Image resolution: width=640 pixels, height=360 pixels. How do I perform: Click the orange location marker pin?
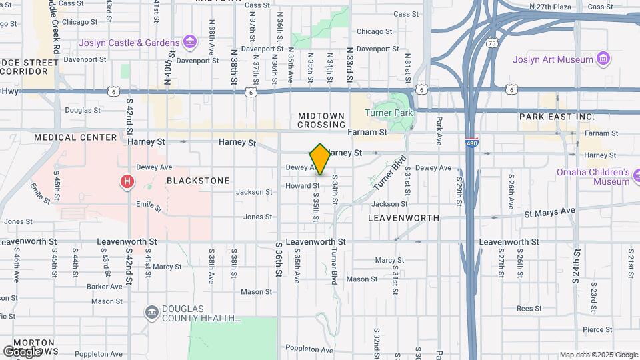pyautogui.click(x=320, y=159)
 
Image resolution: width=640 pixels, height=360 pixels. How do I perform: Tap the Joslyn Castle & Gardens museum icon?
pyautogui.click(x=190, y=43)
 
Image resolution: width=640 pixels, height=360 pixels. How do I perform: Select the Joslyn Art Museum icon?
pyautogui.click(x=604, y=59)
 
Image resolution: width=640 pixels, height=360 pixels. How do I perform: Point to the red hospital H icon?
pyautogui.click(x=127, y=181)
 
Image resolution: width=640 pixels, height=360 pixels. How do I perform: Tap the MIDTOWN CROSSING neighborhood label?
pyautogui.click(x=322, y=120)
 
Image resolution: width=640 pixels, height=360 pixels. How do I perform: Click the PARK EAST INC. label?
pyautogui.click(x=557, y=117)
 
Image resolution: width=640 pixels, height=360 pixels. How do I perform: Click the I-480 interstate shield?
pyautogui.click(x=471, y=142)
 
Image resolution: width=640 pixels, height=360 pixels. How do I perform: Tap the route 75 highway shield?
pyautogui.click(x=492, y=43)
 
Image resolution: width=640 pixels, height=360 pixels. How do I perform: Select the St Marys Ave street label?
pyautogui.click(x=549, y=211)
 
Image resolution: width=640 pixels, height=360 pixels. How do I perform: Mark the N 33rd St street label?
pyautogui.click(x=349, y=65)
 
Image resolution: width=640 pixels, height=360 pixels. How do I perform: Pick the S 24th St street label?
pyautogui.click(x=576, y=266)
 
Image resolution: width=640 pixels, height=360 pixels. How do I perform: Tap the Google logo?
pyautogui.click(x=22, y=351)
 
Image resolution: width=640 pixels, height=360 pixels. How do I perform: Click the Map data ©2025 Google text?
pyautogui.click(x=598, y=355)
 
